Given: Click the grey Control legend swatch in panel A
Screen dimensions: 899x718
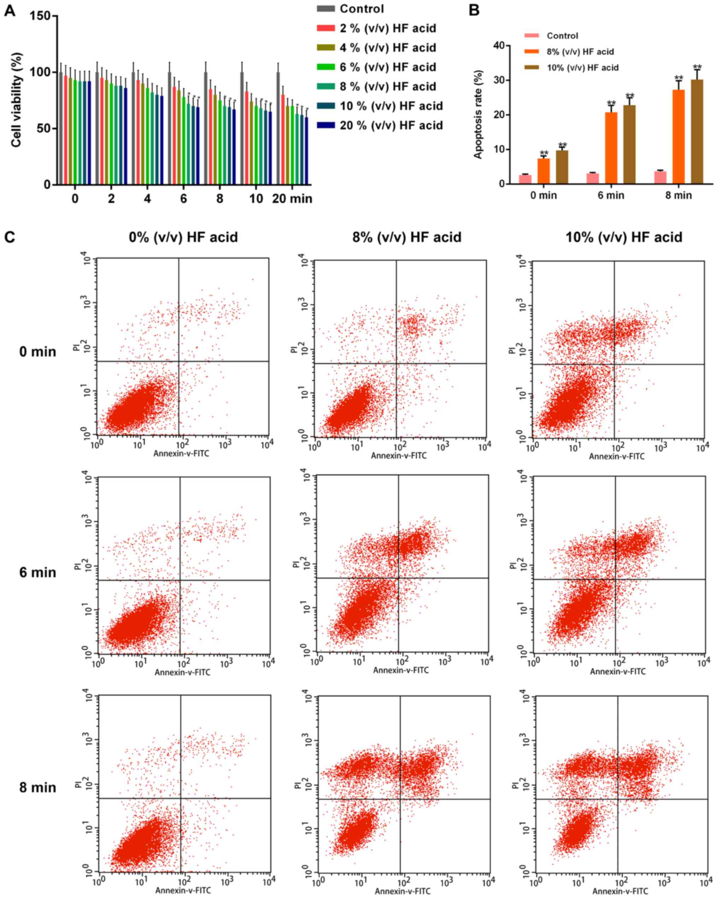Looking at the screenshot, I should tap(326, 9).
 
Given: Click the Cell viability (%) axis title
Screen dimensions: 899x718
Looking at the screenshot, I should tap(16, 100).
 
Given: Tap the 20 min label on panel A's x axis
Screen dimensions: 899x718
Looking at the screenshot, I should tap(292, 199).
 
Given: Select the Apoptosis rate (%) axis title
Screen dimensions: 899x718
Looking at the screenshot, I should tap(478, 114).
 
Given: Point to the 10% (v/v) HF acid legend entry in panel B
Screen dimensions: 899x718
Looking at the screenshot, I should tap(582, 67).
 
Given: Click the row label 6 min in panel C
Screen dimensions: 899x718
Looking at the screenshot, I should tap(37, 572).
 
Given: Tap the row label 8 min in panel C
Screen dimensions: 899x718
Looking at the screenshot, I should tap(37, 787).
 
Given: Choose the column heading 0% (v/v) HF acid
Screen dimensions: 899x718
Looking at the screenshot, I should tap(183, 237).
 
